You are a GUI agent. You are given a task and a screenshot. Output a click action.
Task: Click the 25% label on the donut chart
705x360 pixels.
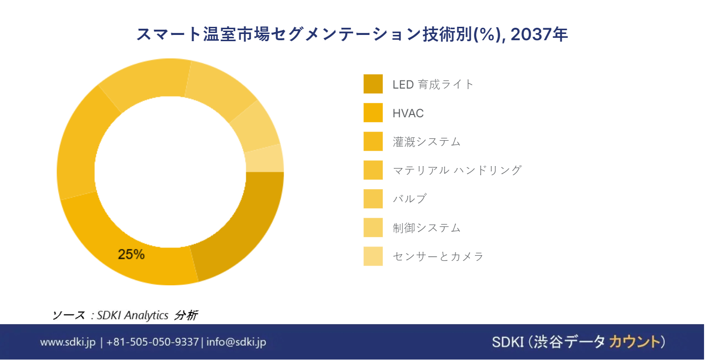[x=131, y=254]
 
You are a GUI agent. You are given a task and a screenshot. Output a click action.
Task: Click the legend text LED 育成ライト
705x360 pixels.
[x=433, y=84]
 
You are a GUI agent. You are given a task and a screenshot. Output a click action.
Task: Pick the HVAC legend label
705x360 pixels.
[x=408, y=113]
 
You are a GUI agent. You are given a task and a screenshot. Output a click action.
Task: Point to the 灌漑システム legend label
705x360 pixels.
[x=426, y=142]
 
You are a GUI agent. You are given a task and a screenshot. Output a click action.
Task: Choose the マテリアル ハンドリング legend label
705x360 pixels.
[x=457, y=170]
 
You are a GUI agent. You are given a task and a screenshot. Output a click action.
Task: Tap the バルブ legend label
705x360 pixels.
[x=410, y=199]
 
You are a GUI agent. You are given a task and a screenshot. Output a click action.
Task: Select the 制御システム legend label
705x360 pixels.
[x=426, y=227]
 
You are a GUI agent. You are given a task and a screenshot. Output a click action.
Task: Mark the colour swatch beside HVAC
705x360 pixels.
[x=373, y=112]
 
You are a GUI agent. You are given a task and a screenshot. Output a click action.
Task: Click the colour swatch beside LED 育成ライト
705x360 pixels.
[x=373, y=84]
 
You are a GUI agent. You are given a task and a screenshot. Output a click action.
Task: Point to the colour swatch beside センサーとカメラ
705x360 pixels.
[x=373, y=256]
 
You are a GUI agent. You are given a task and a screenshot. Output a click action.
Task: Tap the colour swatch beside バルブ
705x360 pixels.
[x=373, y=199]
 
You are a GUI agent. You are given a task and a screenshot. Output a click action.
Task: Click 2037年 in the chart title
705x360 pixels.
[x=539, y=34]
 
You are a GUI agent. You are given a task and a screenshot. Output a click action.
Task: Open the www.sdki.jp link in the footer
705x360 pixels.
[x=68, y=342]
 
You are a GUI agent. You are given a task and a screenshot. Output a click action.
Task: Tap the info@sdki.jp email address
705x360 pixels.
[x=237, y=342]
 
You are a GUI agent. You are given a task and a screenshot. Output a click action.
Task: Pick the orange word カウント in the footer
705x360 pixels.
[x=634, y=342]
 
